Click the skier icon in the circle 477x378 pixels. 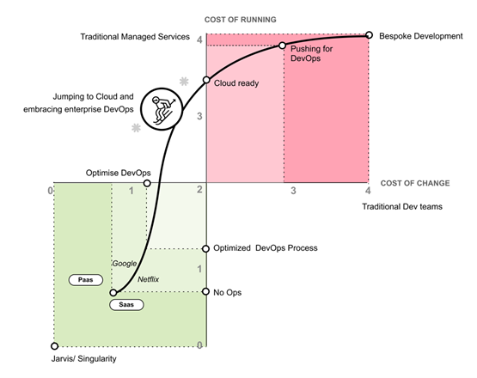[x=162, y=109]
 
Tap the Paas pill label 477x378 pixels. [x=86, y=280]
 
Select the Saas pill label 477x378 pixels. [x=126, y=305]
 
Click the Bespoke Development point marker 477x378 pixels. [x=369, y=35]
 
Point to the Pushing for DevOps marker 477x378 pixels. [x=282, y=46]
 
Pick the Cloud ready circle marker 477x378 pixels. [x=206, y=80]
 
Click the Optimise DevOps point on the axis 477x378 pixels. [x=147, y=183]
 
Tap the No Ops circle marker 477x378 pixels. [x=206, y=291]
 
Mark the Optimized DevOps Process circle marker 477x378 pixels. [x=206, y=249]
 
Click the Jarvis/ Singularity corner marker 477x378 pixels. [x=54, y=346]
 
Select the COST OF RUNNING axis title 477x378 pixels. [x=241, y=20]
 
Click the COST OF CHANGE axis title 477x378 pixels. [x=415, y=183]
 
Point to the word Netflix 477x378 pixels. [x=148, y=279]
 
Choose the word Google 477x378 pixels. [x=125, y=264]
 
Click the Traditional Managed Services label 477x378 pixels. [x=135, y=37]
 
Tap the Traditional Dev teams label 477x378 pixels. [x=402, y=207]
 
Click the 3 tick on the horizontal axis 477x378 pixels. [x=293, y=191]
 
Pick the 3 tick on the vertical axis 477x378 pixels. [x=199, y=116]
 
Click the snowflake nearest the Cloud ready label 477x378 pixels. [x=184, y=82]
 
